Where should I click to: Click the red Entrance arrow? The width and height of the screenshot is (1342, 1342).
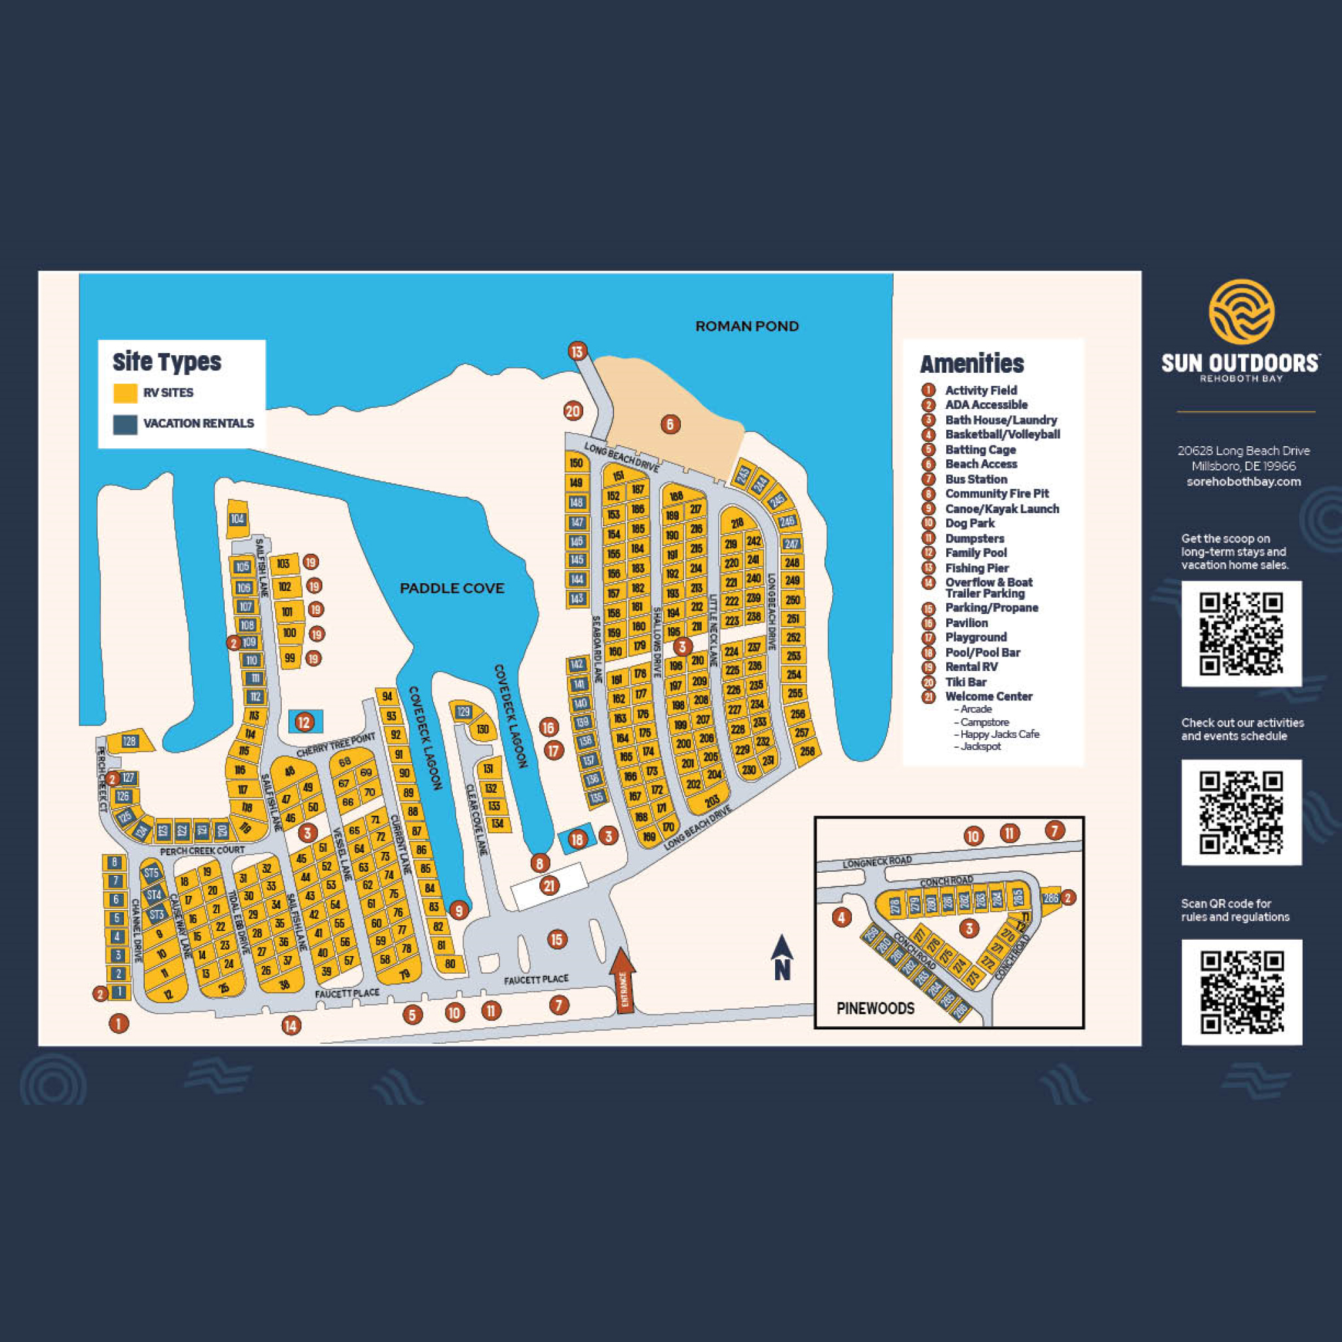623,980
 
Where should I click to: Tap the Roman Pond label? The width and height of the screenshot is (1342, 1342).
747,326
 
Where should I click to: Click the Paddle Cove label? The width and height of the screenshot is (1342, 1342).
451,588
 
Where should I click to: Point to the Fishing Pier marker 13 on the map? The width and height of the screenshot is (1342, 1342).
577,351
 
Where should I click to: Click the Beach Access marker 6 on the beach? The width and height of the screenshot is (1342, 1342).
670,424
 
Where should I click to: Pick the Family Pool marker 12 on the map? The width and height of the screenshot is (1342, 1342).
303,721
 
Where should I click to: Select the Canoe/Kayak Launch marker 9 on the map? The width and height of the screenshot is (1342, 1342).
459,910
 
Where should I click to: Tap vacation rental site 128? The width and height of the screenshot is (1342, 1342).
130,741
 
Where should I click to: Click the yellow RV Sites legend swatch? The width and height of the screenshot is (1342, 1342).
125,393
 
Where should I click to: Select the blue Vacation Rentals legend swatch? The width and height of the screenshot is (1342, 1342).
125,424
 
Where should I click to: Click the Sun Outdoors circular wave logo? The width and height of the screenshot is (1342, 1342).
1241,312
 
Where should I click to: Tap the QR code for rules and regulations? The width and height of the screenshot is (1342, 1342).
1241,992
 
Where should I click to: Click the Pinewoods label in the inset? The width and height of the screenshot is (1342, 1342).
875,1008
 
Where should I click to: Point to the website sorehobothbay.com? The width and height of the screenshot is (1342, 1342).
1243,482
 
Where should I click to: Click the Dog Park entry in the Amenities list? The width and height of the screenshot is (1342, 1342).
970,523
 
